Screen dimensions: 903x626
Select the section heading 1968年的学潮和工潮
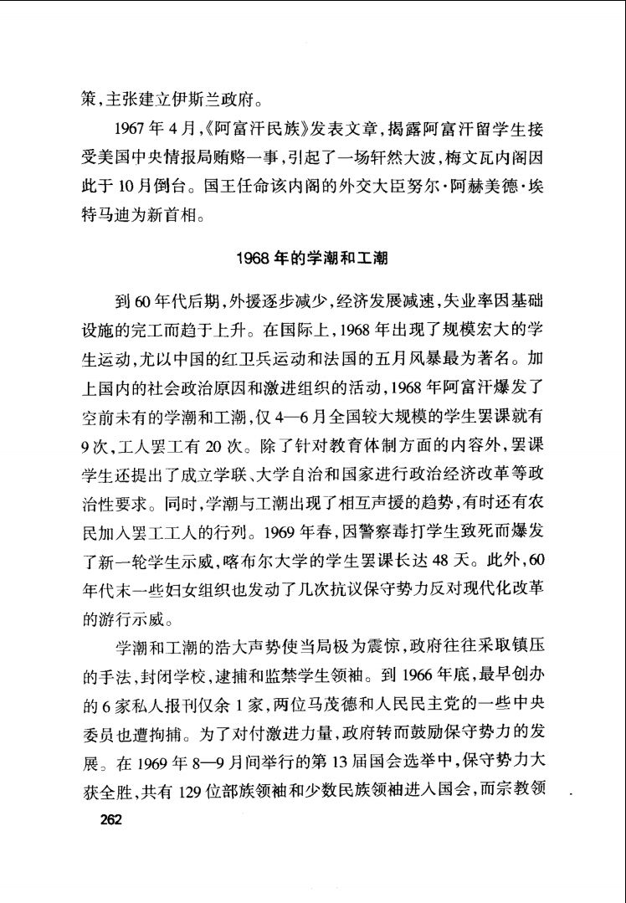click(x=313, y=259)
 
